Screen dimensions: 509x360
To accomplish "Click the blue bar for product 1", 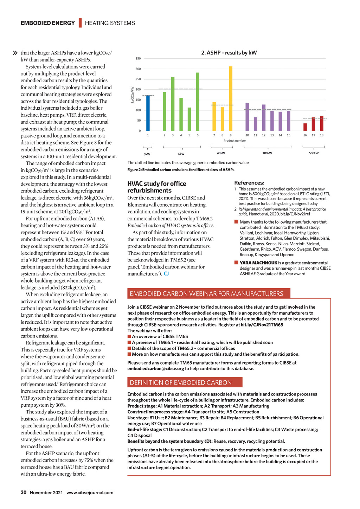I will coord(148,113).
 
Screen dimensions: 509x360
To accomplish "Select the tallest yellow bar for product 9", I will coord(231,98).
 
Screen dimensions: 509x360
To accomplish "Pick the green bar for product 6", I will coord(198,102).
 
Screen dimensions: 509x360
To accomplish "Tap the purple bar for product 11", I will coord(256,124).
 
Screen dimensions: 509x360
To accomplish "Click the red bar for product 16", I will coord(305,127).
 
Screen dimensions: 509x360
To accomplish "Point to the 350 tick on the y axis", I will coord(138,59).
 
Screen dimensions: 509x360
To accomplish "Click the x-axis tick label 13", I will coord(272,135).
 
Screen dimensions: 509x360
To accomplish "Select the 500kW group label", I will coord(314,153).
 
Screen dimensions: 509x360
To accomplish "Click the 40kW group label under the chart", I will coord(221,153).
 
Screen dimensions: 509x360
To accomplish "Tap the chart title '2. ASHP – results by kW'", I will coord(229,53).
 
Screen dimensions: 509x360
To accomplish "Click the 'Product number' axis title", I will coord(234,141).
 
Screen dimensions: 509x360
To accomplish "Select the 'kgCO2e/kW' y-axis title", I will coord(133,95).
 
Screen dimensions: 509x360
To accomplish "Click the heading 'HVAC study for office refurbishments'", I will coord(157,187).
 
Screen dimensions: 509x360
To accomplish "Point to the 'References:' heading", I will coord(249,183).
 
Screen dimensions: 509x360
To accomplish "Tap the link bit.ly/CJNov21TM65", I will coord(262,325).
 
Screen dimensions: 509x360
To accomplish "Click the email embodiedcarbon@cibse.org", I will coord(156,369).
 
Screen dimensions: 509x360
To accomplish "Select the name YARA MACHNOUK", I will coord(258,263).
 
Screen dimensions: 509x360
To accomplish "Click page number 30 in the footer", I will coord(24,492).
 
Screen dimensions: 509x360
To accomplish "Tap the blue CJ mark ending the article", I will coord(166,274).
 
